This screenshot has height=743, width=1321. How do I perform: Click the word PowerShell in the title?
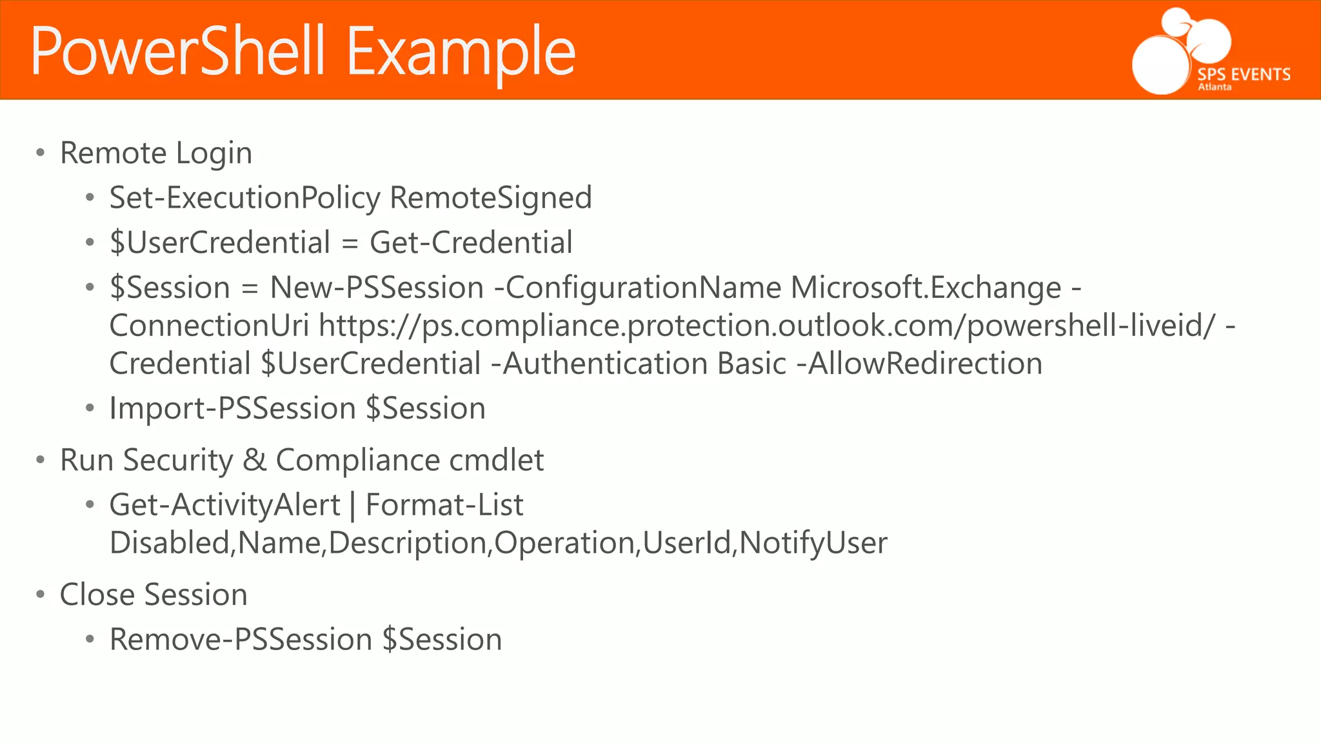[177, 52]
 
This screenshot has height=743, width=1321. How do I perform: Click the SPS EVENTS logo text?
[1244, 74]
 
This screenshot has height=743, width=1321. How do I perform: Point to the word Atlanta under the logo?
[1215, 87]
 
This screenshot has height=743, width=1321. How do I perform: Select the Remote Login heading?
[155, 153]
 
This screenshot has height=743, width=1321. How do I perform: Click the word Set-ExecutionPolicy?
[244, 197]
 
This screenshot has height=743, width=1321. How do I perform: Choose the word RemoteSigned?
[491, 197]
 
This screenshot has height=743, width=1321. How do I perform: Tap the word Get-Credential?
[471, 243]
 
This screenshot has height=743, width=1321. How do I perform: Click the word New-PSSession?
[377, 287]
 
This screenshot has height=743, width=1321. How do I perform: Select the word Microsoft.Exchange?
[926, 287]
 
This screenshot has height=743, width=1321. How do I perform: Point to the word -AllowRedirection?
[920, 363]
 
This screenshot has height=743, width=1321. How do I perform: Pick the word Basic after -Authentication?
[751, 363]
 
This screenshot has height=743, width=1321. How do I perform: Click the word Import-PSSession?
[232, 408]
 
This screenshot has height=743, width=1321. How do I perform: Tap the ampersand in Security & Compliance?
[255, 461]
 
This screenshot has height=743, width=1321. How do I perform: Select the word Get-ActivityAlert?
[224, 505]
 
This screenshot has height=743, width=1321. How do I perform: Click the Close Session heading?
[154, 595]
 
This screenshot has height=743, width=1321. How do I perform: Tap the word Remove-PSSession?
[241, 640]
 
